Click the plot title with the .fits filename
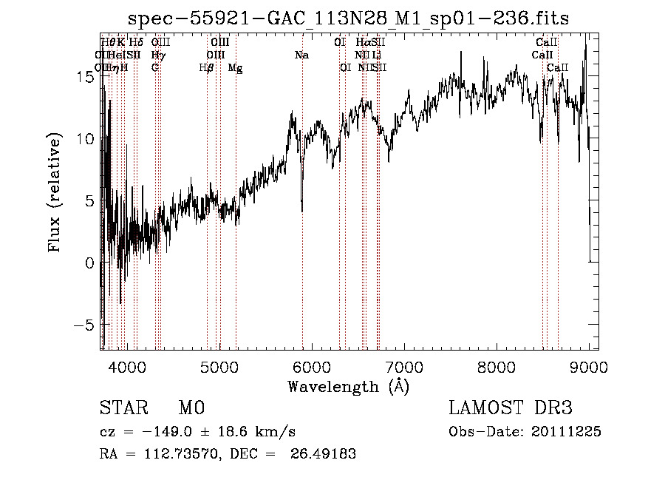[x=348, y=18]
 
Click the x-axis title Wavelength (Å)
[x=348, y=385]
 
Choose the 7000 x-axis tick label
[x=404, y=366]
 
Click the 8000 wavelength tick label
[x=497, y=366]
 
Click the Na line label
[x=301, y=55]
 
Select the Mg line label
[x=235, y=68]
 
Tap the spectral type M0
[x=191, y=408]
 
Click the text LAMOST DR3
[x=511, y=408]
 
